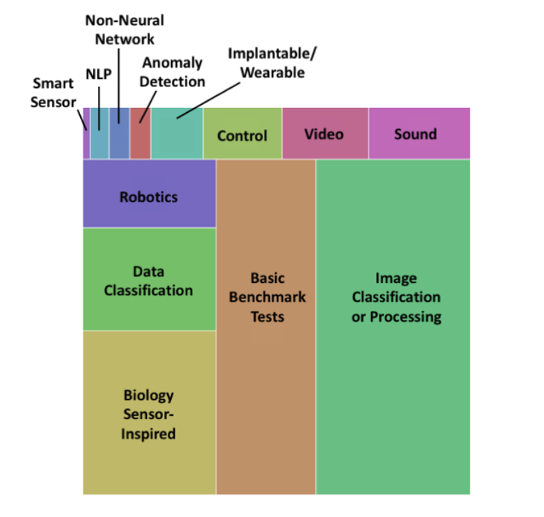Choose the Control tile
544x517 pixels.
[x=242, y=135]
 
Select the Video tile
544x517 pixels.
[x=324, y=134]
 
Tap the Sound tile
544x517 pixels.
[x=418, y=134]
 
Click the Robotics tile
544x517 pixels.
[x=148, y=197]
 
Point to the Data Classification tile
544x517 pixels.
[x=148, y=281]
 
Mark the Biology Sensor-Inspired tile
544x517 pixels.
[x=148, y=414]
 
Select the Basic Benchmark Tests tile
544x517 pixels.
[x=266, y=327]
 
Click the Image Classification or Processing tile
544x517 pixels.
[x=393, y=327]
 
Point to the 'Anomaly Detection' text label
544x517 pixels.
[x=173, y=72]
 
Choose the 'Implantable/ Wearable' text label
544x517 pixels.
[x=271, y=62]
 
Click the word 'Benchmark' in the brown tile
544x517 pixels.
[x=267, y=297]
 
